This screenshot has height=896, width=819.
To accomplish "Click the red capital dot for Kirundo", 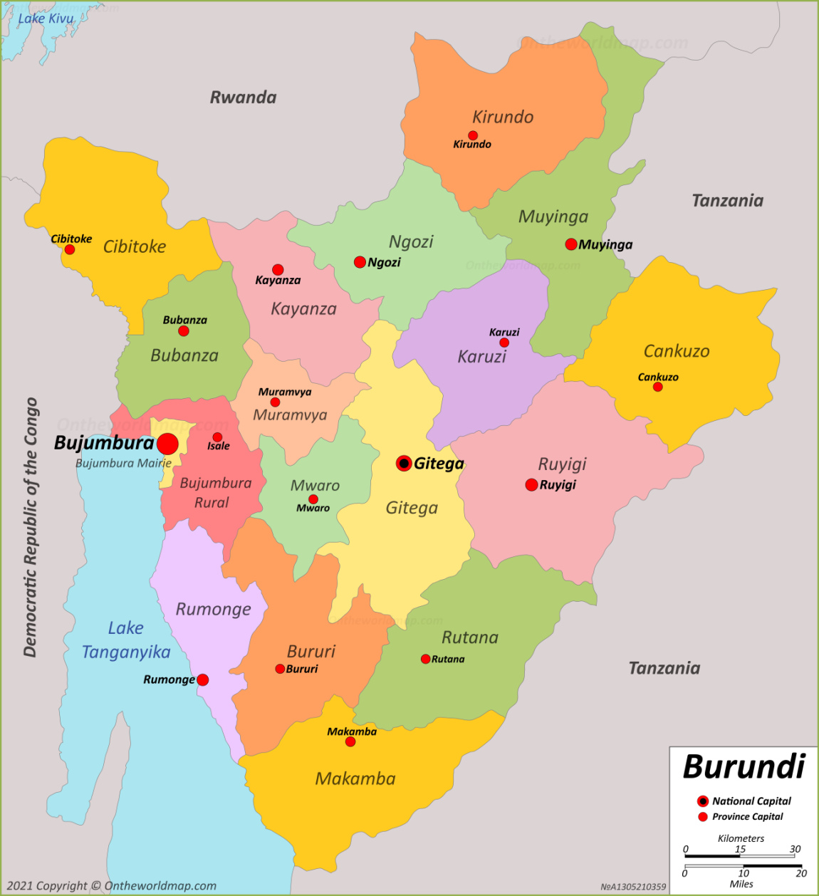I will pos(473,135).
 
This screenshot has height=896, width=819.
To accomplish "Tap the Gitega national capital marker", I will pos(404,464).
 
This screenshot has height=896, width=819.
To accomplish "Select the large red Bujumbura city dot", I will pos(167,444).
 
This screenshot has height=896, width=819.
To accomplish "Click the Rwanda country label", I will pos(243,98).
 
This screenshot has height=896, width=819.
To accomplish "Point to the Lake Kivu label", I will pos(46,19).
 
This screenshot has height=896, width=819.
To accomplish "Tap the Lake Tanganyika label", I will pos(126,640).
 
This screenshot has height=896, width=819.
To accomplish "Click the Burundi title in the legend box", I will pos(744,767).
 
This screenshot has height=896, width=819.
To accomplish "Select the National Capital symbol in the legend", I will pos(703,801).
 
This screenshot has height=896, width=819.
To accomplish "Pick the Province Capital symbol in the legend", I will pos(703,817).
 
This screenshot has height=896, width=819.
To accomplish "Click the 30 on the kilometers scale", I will pos(795,849).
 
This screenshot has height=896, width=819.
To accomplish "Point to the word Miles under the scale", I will pos(741,884).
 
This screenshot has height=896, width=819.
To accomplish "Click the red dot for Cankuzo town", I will pos(657,387).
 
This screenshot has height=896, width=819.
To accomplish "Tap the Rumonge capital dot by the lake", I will pos(203,680).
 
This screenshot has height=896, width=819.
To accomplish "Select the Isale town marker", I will pos(217,437).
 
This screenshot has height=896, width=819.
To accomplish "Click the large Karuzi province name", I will pos(481,357).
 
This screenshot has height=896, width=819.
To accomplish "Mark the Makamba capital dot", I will pos(350,742).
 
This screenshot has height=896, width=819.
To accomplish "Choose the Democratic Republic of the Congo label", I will pos(30,527).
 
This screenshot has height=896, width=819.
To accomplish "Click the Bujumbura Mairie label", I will pos(123,463).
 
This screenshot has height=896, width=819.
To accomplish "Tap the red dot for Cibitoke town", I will pos(70,249).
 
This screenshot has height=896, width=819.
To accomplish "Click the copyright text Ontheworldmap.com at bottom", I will pos(160,886).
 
